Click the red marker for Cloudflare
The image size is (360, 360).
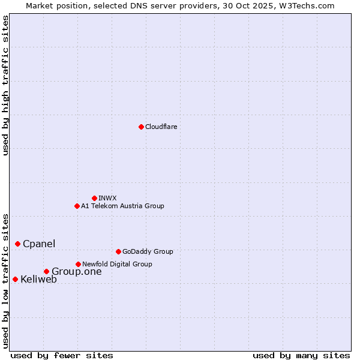[x=141, y=127]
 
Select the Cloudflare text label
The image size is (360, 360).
[x=161, y=127]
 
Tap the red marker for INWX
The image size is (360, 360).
[x=94, y=198]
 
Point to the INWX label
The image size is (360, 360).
[x=107, y=198]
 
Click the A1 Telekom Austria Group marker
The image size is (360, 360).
[x=77, y=206]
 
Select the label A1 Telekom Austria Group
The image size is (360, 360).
[x=122, y=206]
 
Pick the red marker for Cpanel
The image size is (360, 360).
[x=17, y=244]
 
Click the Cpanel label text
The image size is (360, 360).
[x=39, y=244]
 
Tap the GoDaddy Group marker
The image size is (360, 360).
[x=118, y=251]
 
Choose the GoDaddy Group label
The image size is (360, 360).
[x=148, y=251]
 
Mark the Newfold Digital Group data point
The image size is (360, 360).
[x=78, y=264]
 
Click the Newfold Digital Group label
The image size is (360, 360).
[x=117, y=264]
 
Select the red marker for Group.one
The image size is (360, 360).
[x=46, y=272]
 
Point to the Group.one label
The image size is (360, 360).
[x=77, y=272]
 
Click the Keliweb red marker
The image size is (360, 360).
[x=15, y=279]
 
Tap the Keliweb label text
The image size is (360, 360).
[x=38, y=279]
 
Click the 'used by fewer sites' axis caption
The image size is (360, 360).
[x=62, y=355]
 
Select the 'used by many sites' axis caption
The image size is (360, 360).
[x=301, y=355]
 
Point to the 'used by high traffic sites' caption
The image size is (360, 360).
[x=5, y=85]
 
